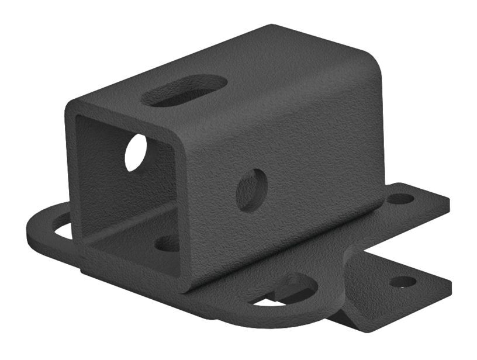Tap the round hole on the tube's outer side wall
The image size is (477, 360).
[x=252, y=189]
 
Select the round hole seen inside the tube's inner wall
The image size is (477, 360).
[x=136, y=152]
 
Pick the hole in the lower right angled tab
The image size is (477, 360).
[x=403, y=282]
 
